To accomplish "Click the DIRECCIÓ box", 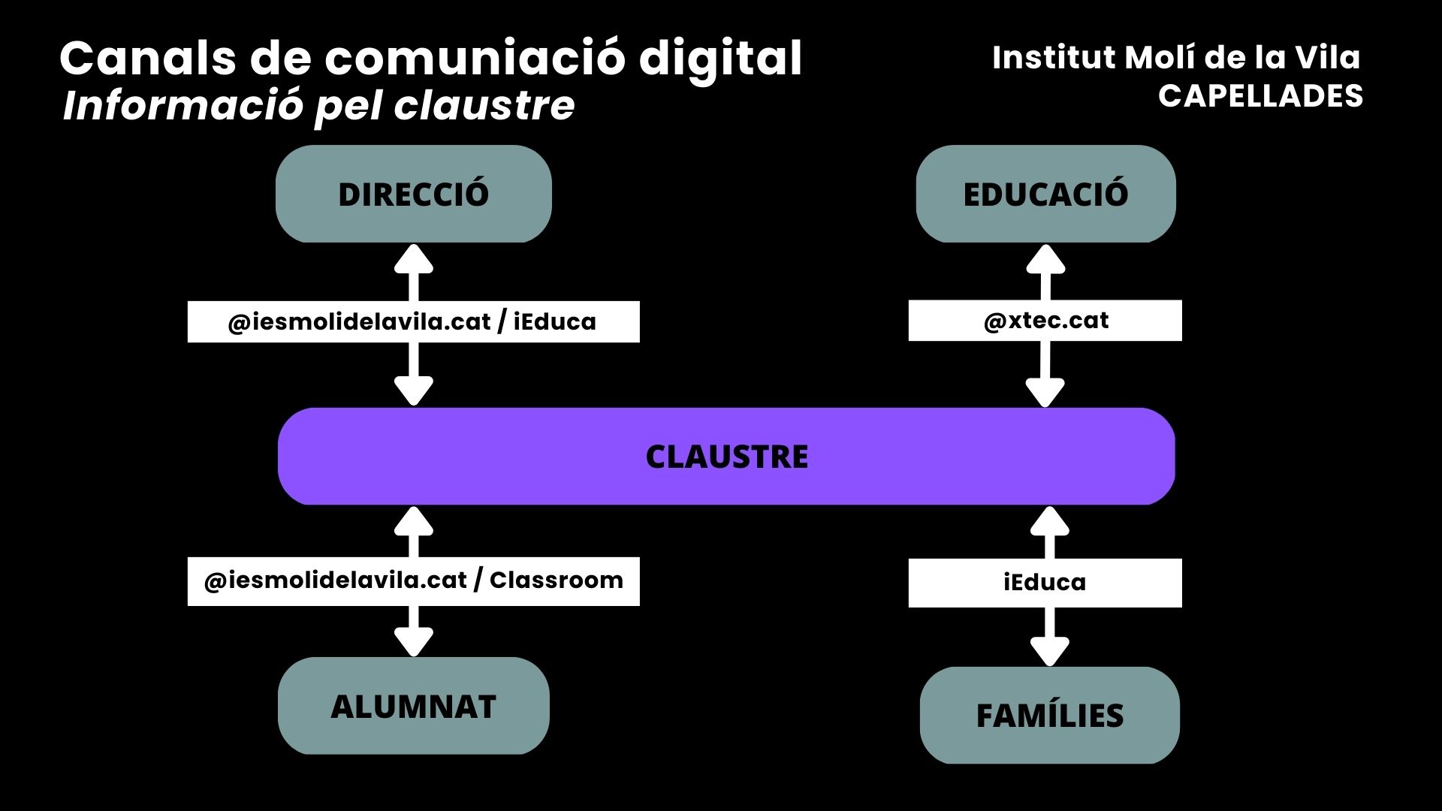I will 413,194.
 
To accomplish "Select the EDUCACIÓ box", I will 1045,194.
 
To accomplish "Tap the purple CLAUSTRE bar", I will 726,457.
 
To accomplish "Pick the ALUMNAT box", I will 413,706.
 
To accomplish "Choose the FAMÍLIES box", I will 1049,715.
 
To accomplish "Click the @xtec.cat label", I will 1045,321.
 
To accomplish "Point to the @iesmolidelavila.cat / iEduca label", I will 413,322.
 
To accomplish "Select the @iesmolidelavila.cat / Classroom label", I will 413,581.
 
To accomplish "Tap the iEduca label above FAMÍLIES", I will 1045,583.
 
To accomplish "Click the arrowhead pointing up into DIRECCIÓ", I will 414,259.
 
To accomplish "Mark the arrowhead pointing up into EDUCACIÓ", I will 1045,259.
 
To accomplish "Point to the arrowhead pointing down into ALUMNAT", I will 414,642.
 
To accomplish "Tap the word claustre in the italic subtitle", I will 484,106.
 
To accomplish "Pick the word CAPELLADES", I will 1260,96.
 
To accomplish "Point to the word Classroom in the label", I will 557,580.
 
